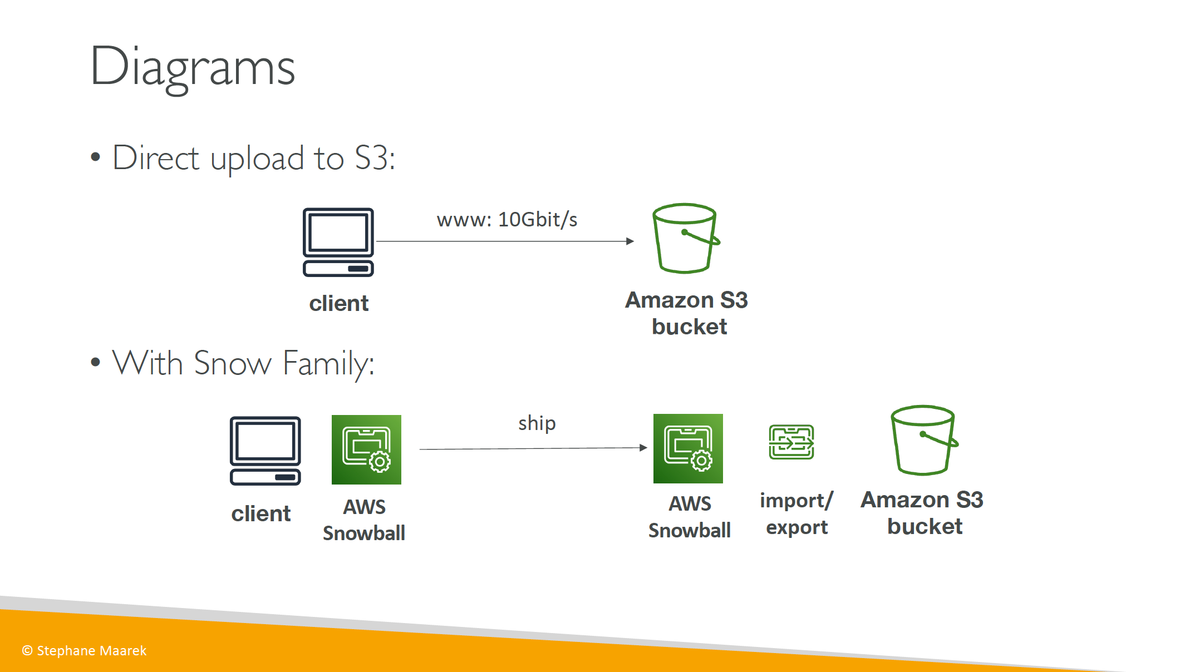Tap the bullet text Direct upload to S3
pos(254,158)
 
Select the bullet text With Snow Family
pos(243,364)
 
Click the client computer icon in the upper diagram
pos(338,242)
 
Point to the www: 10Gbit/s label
pos(507,220)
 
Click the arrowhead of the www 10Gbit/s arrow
pos(630,241)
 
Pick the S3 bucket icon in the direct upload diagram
pos(686,238)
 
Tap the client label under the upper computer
pos(339,304)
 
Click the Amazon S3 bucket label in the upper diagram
pos(687,313)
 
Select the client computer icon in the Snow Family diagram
pos(265,451)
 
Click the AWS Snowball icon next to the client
pos(366,449)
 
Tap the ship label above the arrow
pos(537,423)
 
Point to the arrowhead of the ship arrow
pos(643,448)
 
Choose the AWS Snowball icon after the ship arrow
pos(688,448)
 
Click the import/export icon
pos(791,442)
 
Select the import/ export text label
pos(796,513)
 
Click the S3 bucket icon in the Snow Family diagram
pos(925,440)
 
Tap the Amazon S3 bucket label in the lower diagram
pos(922,513)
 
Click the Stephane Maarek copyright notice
pos(84,651)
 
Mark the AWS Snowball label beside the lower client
pos(364,520)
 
